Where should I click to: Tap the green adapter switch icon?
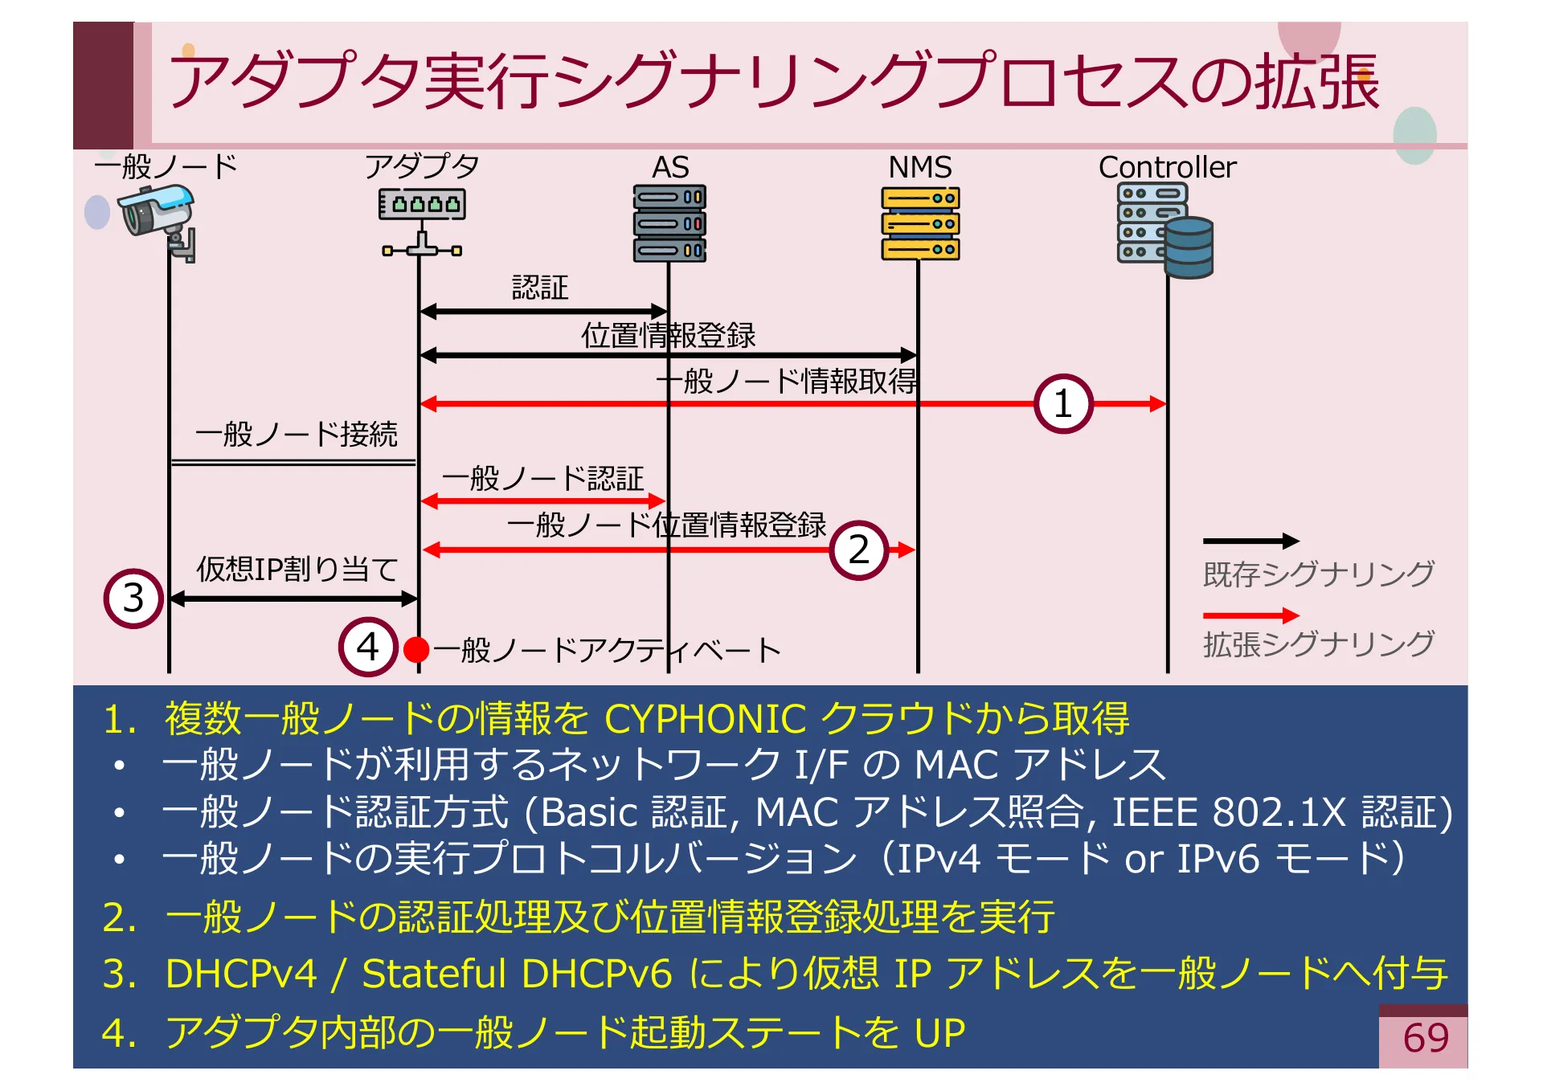(422, 206)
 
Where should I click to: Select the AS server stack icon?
(669, 223)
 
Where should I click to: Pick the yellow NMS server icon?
(920, 223)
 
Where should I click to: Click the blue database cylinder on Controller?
(1189, 247)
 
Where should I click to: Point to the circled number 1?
(1062, 403)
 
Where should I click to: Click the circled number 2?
(858, 550)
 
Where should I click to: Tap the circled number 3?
(133, 598)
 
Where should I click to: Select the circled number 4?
(368, 647)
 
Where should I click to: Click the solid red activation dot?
(416, 649)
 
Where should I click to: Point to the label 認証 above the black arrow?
(540, 288)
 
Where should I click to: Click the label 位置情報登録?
(668, 336)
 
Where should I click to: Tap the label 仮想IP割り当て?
(297, 569)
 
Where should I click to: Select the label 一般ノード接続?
(296, 434)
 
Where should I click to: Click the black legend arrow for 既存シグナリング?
(1250, 541)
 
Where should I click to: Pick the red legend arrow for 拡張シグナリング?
(1250, 615)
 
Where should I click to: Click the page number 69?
(1425, 1038)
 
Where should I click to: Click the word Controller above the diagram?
(1167, 167)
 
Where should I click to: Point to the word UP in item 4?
(939, 1032)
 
